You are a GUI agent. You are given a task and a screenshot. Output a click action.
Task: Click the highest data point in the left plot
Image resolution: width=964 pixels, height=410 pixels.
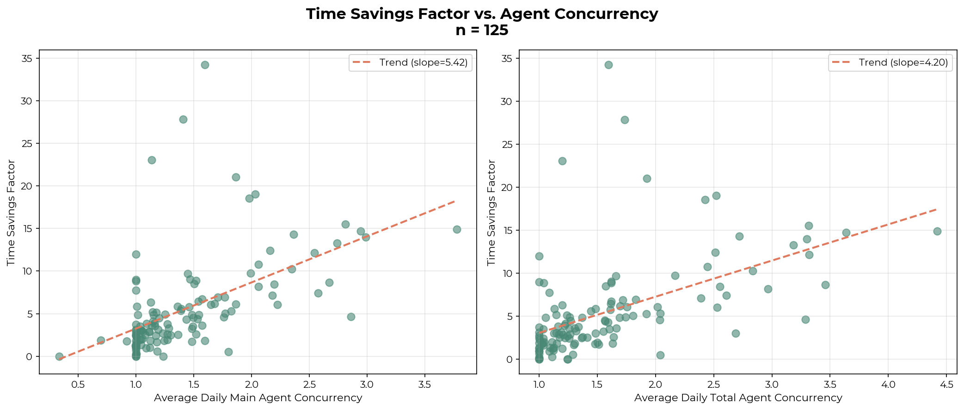point(205,65)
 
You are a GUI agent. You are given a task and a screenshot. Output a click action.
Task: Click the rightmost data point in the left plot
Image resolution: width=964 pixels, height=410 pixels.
point(457,229)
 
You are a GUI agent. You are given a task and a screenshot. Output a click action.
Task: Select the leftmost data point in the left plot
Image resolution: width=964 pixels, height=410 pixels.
point(59,356)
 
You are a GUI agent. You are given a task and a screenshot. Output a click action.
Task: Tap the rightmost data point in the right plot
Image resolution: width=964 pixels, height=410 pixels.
point(937,231)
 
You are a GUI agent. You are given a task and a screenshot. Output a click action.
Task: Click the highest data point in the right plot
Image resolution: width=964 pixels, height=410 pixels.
point(608,65)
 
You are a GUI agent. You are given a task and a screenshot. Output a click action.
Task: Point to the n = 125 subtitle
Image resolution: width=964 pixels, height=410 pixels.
point(482,31)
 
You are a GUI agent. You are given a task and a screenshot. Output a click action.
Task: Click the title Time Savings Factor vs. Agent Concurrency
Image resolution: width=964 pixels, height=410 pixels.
point(482,14)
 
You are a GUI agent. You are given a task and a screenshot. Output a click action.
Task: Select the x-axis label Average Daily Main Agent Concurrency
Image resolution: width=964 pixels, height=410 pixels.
point(258,398)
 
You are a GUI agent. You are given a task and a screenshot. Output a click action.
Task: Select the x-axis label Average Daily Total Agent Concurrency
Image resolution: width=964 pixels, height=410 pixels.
point(738,398)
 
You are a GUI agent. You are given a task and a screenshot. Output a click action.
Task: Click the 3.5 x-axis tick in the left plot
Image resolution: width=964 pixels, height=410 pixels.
point(425,385)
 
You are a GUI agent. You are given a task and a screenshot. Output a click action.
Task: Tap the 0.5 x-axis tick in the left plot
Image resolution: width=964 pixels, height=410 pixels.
point(78,385)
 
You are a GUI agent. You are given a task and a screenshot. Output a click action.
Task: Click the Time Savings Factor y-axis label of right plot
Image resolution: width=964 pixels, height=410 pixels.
point(491,213)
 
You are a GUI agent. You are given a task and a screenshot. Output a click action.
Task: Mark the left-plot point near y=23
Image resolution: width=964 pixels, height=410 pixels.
point(152,160)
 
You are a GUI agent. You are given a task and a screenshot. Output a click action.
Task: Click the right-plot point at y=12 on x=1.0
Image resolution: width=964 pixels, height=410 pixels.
point(539,256)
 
